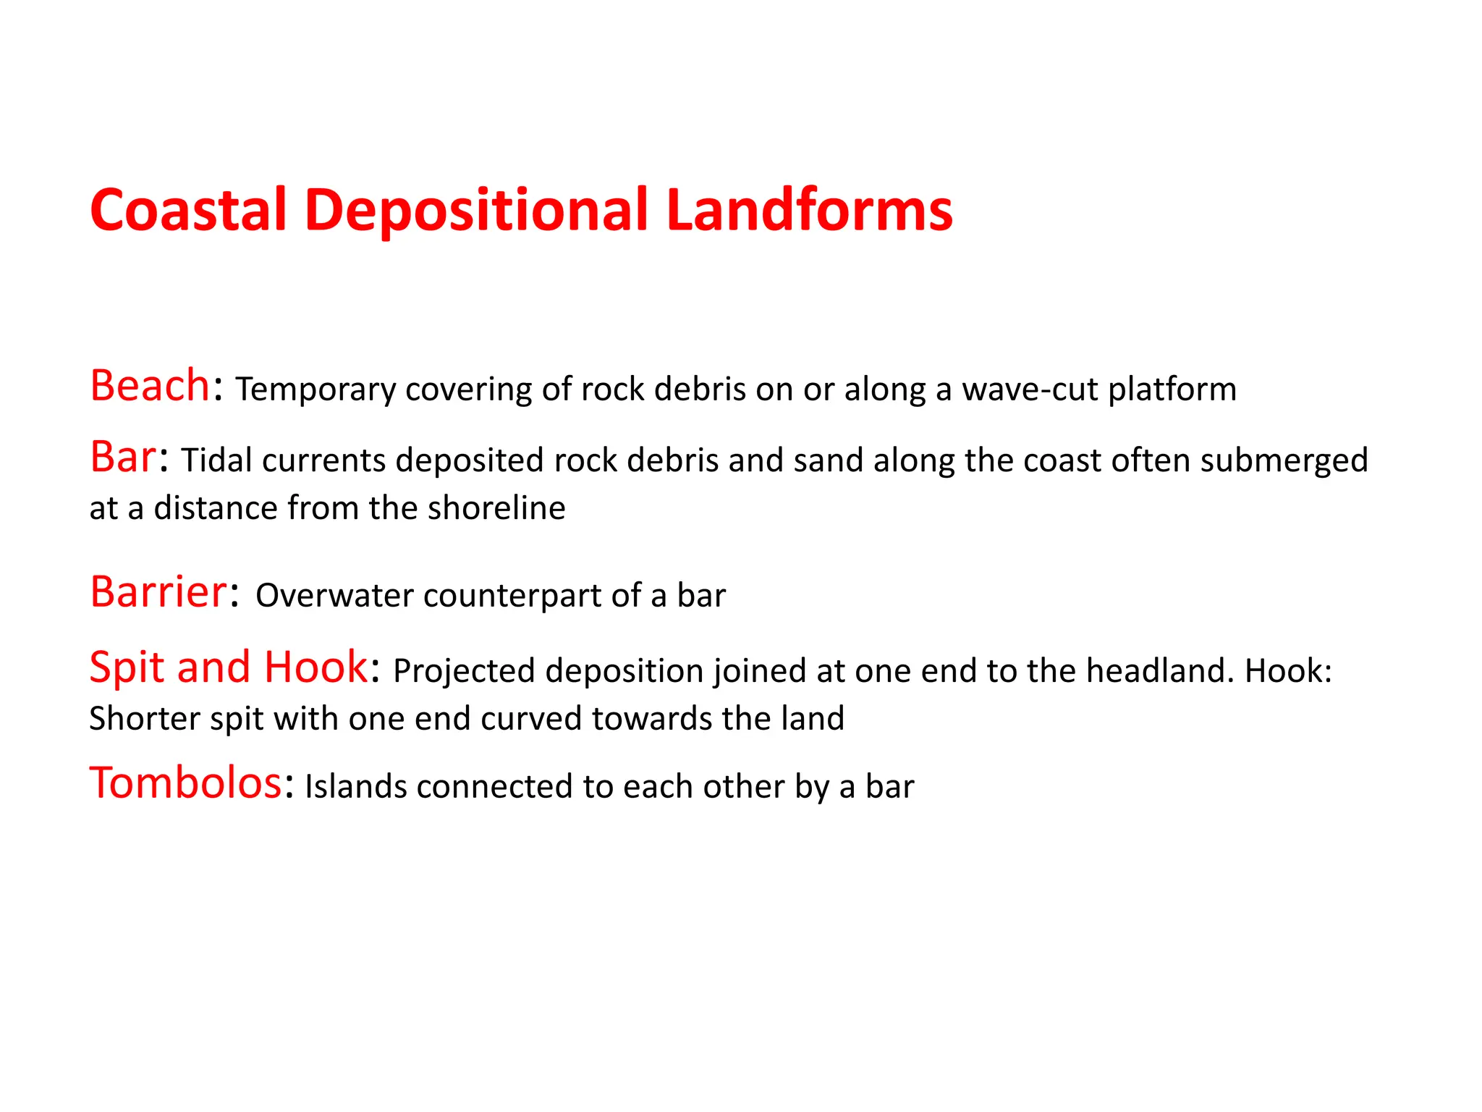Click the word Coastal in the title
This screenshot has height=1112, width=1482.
coord(188,210)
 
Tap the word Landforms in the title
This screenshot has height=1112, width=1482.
coord(809,210)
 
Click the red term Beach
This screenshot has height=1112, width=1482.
coord(150,385)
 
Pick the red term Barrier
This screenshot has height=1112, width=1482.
coord(158,591)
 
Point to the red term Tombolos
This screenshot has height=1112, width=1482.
coord(185,783)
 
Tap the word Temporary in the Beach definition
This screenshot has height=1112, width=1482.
coord(316,390)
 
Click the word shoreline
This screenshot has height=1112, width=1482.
coord(496,508)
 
